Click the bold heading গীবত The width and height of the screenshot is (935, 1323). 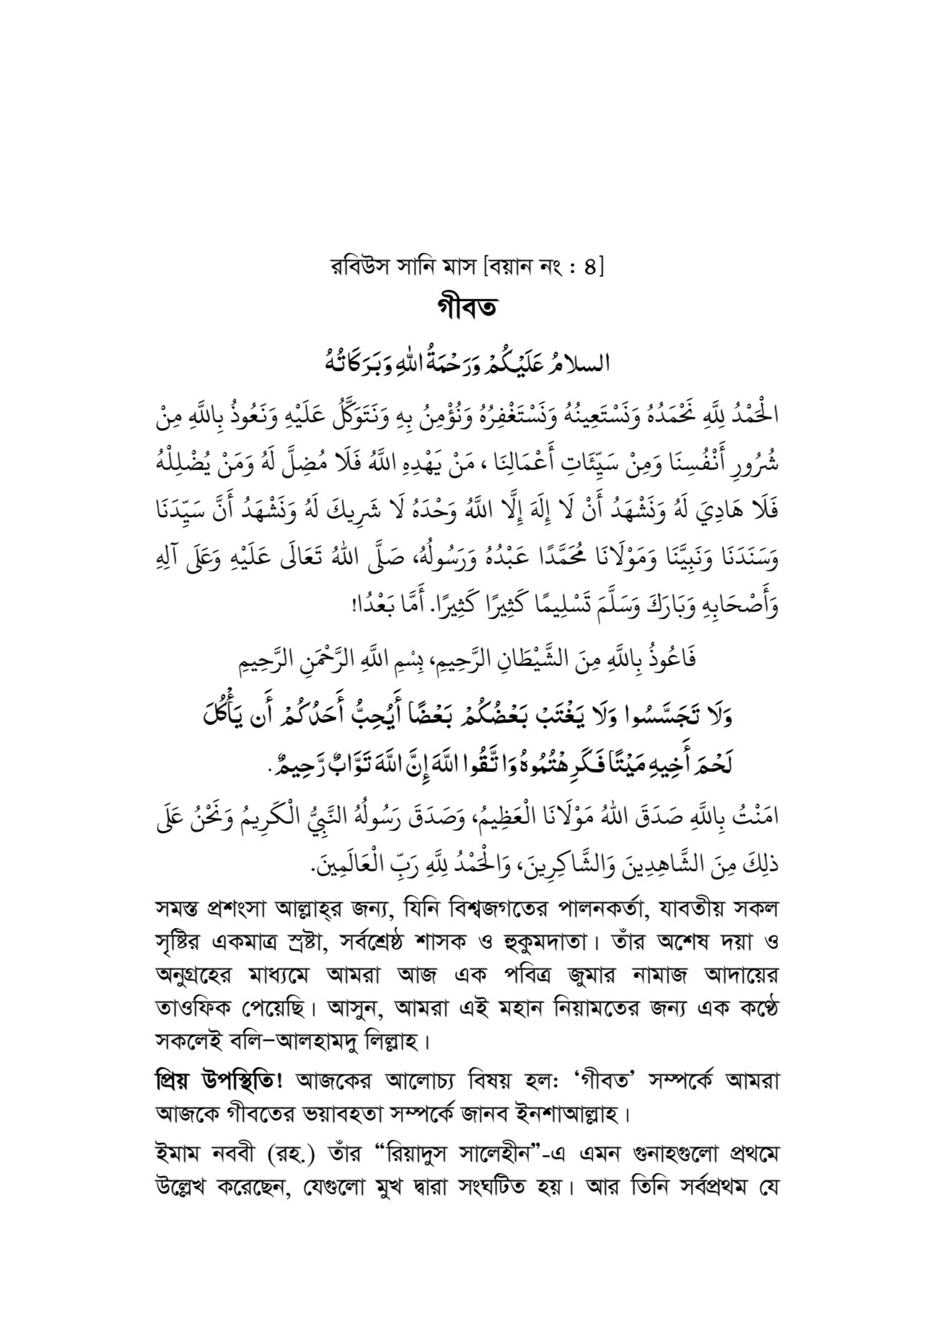[467, 308]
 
